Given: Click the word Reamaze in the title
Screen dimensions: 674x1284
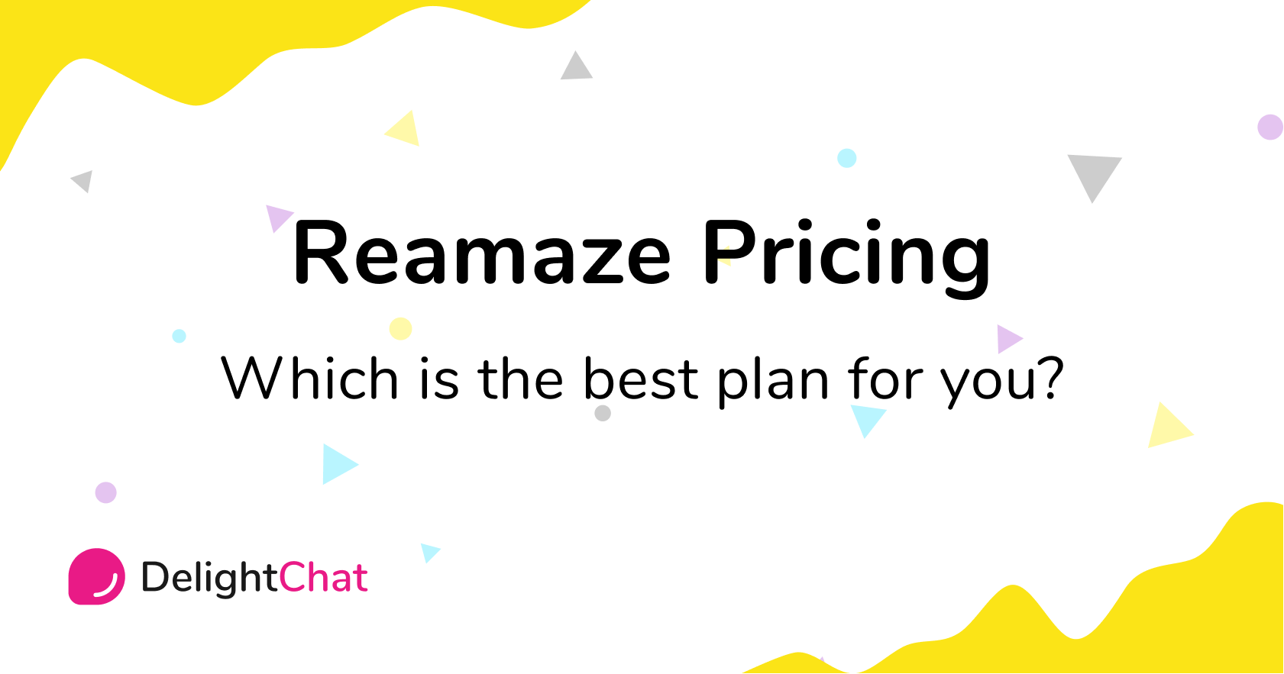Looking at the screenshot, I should click(x=482, y=254).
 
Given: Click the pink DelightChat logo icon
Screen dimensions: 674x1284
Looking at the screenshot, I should click(x=96, y=576).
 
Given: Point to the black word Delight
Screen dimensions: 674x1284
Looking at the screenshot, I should click(x=209, y=578).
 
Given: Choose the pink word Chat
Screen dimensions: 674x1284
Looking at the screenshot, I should click(x=323, y=578).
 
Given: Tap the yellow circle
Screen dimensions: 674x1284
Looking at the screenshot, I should click(x=400, y=328).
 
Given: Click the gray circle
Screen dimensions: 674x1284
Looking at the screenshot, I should click(x=603, y=413).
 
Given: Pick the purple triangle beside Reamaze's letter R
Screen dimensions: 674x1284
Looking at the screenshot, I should click(x=277, y=216).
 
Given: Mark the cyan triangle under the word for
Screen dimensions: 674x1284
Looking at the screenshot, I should click(x=867, y=418).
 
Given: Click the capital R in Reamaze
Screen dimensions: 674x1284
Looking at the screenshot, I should click(x=322, y=253).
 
